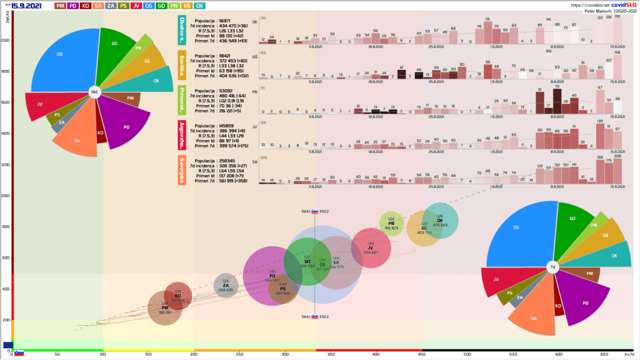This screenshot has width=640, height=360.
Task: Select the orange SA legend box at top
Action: pyautogui.click(x=99, y=6)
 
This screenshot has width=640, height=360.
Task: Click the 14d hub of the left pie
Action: pyautogui.click(x=94, y=92)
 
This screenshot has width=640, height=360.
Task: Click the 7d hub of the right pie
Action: pyautogui.click(x=552, y=267)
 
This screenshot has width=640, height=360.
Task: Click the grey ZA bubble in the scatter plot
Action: pyautogui.click(x=226, y=286)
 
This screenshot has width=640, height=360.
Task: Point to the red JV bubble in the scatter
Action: pyautogui.click(x=371, y=248)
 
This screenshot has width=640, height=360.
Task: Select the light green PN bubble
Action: pyautogui.click(x=391, y=224)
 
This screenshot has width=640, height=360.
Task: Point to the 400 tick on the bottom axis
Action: pyautogui.click(x=376, y=354)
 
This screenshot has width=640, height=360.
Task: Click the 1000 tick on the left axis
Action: pyautogui.click(x=6, y=196)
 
